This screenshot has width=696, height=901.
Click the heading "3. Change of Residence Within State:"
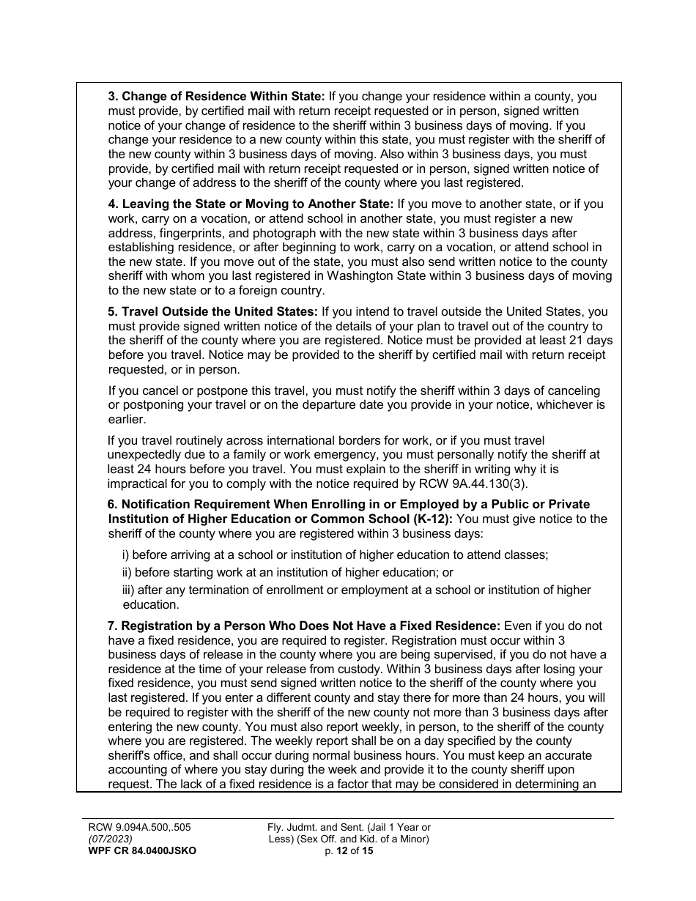[216, 96]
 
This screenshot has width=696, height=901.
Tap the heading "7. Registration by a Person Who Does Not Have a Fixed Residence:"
[304, 626]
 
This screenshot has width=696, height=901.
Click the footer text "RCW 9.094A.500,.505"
[139, 828]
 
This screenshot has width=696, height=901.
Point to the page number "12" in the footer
[341, 851]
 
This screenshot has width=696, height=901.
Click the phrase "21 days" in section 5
[591, 341]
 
